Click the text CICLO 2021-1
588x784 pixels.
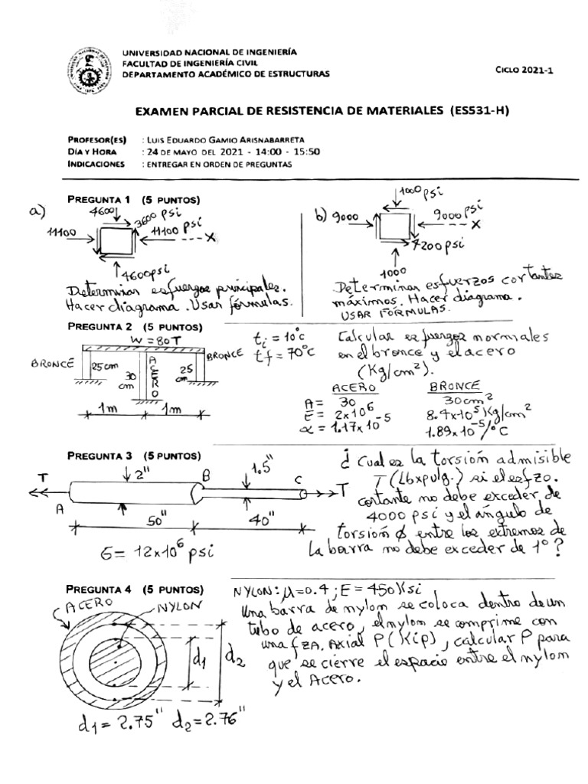(524, 70)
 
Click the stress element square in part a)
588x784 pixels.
(113, 238)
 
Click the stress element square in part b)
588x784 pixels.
(395, 227)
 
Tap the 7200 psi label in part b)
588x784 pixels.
(440, 246)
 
